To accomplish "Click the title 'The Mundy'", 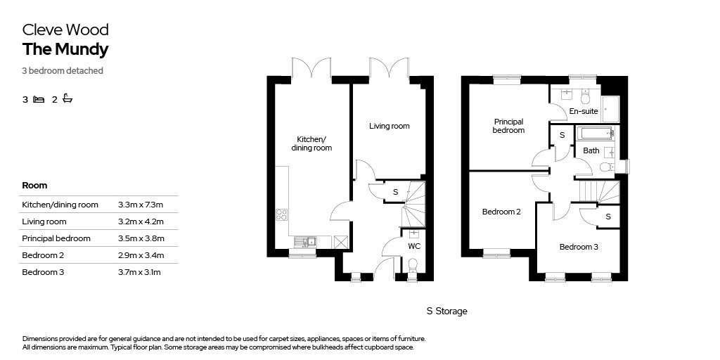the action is pyautogui.click(x=65, y=50).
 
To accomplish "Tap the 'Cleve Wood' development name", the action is pyautogui.click(x=65, y=30).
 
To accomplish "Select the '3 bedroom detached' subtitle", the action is pyautogui.click(x=63, y=71).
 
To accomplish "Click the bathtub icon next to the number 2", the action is pyautogui.click(x=67, y=98).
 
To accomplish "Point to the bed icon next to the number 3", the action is pyautogui.click(x=39, y=99).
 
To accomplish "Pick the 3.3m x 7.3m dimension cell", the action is pyautogui.click(x=141, y=205).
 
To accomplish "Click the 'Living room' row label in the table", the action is pyautogui.click(x=44, y=221).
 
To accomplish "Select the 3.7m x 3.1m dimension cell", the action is pyautogui.click(x=139, y=272).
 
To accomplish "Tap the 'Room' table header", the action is pyautogui.click(x=34, y=186).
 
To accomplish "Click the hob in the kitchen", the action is pyautogui.click(x=281, y=214).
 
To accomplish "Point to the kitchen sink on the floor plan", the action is pyautogui.click(x=305, y=241).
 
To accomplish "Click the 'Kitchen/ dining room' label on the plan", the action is pyautogui.click(x=311, y=143).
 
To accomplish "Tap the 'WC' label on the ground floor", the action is pyautogui.click(x=414, y=247).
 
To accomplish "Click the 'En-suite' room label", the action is pyautogui.click(x=583, y=111).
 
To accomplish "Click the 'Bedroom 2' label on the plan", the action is pyautogui.click(x=501, y=212).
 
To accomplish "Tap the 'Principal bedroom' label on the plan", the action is pyautogui.click(x=509, y=126).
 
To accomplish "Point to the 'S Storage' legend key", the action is pyautogui.click(x=446, y=311).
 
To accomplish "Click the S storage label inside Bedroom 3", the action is pyautogui.click(x=608, y=217).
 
